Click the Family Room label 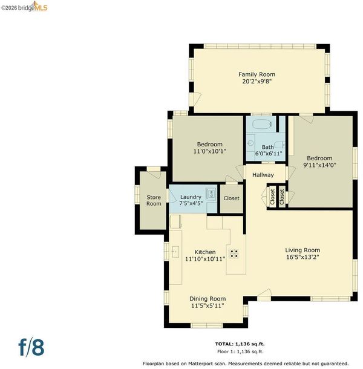click(x=257, y=74)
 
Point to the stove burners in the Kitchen click(x=234, y=253)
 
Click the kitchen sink click(x=175, y=252)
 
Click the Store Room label click(x=154, y=200)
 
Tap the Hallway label click(x=263, y=175)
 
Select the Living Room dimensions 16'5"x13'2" click(x=302, y=257)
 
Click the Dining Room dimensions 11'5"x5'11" click(x=208, y=305)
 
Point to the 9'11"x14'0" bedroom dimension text click(x=319, y=165)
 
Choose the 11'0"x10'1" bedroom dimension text click(x=209, y=151)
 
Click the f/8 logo click(x=31, y=347)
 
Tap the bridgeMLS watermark click(x=24, y=7)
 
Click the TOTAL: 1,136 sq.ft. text click(x=240, y=344)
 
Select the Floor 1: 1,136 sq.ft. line click(x=240, y=351)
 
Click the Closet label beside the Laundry click(x=231, y=198)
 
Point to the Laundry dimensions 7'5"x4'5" click(x=191, y=203)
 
